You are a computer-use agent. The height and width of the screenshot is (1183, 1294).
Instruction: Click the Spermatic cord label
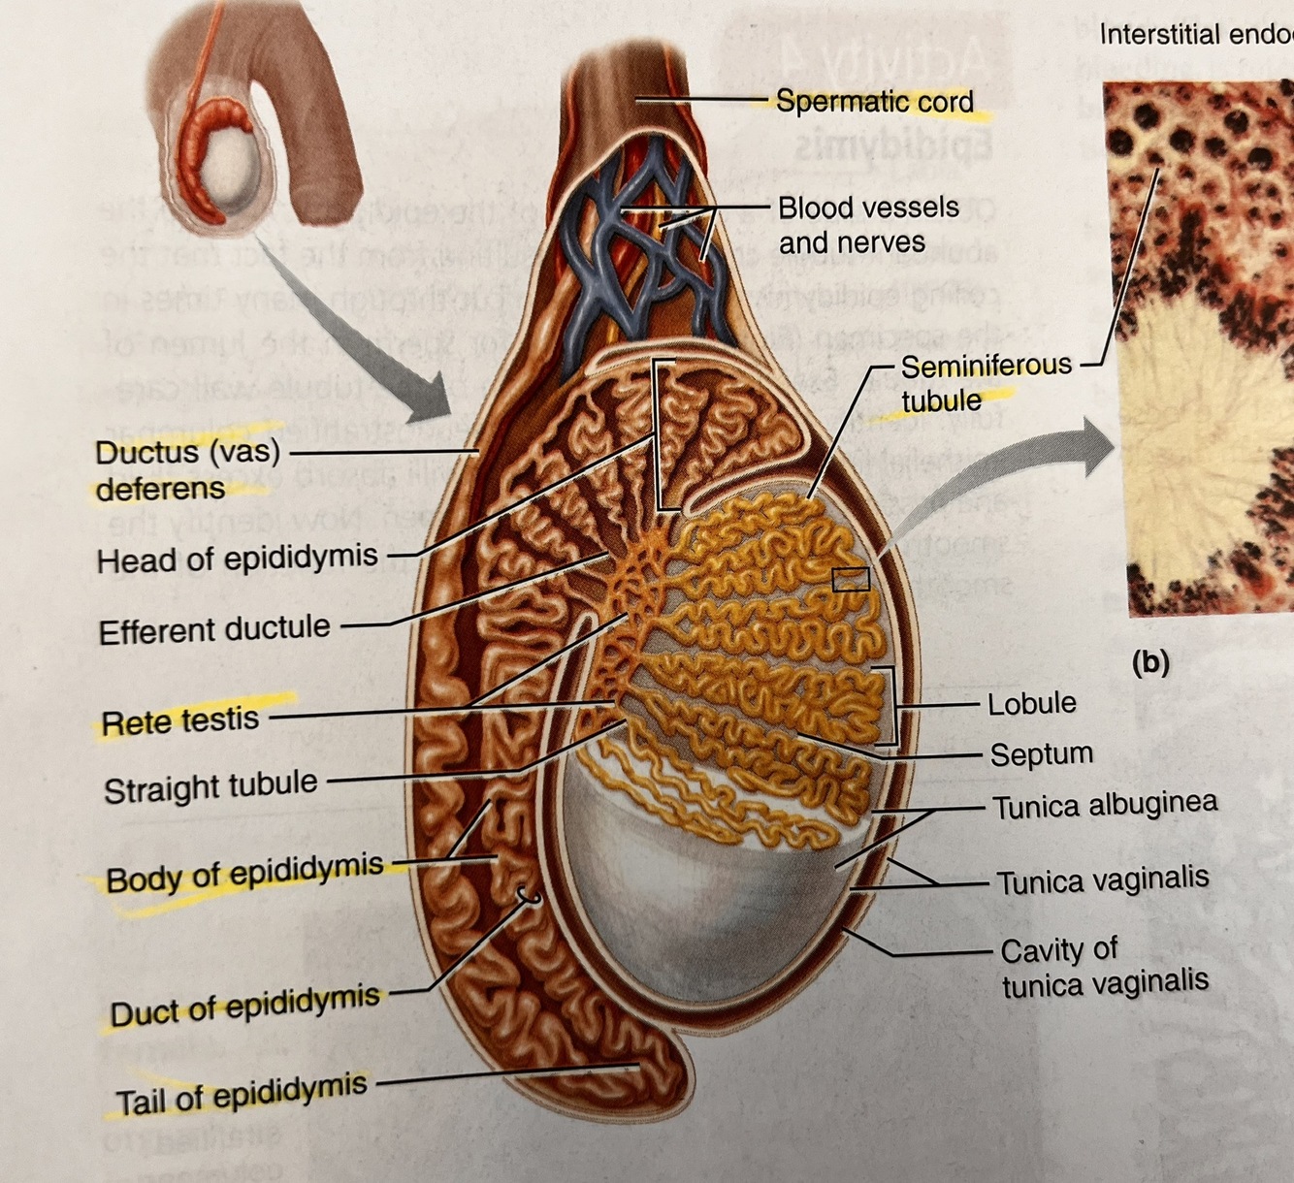coord(874,101)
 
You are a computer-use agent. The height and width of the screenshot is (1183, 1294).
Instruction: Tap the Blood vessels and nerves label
coord(867,225)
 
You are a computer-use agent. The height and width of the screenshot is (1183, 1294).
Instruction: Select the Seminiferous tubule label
coord(986,382)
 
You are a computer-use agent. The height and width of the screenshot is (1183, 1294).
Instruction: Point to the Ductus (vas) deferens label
coord(187,469)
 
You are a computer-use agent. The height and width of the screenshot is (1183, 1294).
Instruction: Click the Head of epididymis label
coord(237,559)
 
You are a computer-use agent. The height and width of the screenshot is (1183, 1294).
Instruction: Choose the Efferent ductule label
coord(214,630)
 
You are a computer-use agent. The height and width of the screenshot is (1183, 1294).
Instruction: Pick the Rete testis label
coord(180,720)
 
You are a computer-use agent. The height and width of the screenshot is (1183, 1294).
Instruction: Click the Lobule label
coord(1031,703)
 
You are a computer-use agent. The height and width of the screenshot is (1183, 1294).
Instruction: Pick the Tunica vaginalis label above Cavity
coord(1103,880)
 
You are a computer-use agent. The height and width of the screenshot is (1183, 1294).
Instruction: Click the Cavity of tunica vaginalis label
coord(1104,967)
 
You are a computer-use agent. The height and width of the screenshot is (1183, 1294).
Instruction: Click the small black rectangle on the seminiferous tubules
coord(851,579)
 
